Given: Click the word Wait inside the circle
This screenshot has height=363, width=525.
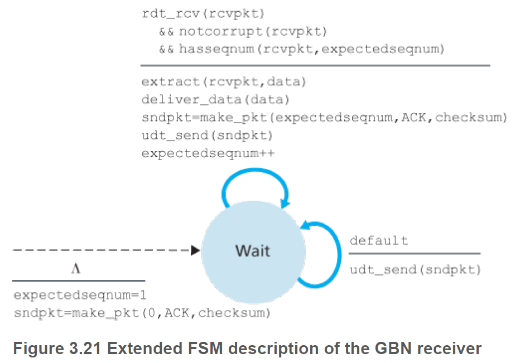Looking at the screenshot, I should click(253, 250).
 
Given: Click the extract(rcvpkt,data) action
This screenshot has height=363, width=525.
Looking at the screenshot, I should click(224, 83).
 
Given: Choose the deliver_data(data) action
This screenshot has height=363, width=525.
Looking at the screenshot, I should click(215, 100).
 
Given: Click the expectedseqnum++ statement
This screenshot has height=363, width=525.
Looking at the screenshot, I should click(208, 152).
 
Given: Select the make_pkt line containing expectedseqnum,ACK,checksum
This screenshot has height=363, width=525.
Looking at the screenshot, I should click(324, 118).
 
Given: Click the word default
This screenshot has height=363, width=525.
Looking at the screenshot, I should click(378, 240).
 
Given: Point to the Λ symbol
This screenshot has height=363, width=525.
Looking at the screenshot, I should click(76, 269).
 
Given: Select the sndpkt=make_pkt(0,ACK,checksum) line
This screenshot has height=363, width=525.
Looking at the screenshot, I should click(142, 313).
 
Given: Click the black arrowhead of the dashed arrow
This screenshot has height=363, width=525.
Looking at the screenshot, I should click(195, 250).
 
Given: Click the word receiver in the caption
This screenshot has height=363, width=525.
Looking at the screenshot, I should click(449, 349).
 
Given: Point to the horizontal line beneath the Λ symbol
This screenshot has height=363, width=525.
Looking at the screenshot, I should click(78, 280).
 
